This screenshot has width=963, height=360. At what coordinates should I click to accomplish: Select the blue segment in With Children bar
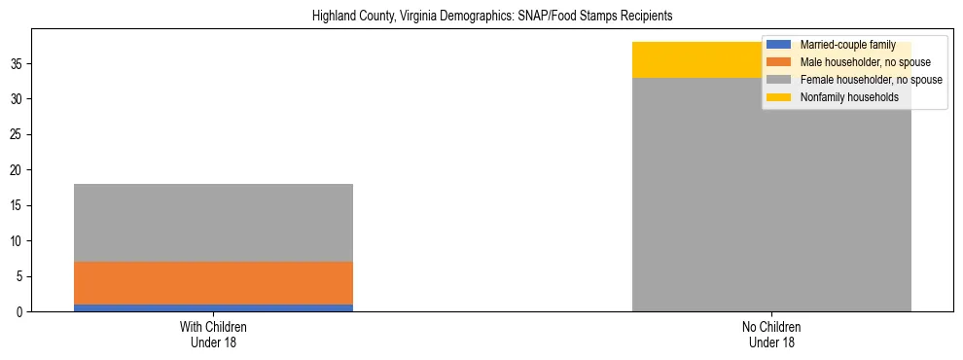coord(213,307)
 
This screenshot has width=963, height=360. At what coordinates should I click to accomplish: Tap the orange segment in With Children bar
coord(213,283)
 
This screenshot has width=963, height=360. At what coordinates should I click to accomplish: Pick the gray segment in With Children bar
coord(213,223)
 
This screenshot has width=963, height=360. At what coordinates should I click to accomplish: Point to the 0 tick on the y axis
coord(19,312)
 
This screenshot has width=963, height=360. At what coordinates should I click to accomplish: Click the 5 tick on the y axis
coord(19,276)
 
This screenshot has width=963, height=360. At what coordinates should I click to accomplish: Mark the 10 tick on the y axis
coord(17,241)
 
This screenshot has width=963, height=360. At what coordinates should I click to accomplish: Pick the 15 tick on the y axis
coord(17,205)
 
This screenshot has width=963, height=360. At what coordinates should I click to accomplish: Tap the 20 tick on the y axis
coord(17,170)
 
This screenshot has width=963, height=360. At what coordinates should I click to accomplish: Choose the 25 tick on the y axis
coord(17,134)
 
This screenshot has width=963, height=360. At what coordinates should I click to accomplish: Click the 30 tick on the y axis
coord(17,99)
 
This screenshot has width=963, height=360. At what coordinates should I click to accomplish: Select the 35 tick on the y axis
coord(17,64)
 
